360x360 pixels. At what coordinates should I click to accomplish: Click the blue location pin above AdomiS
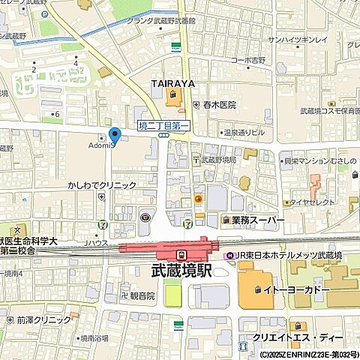pos(115,135)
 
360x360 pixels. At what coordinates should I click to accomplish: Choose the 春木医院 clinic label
pos(218,105)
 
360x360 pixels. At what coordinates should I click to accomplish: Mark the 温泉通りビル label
pos(239,131)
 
